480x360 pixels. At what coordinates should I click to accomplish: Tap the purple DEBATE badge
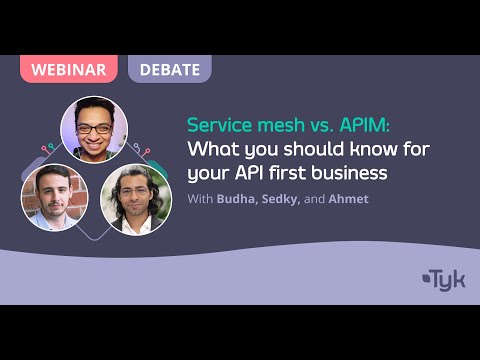click(x=168, y=69)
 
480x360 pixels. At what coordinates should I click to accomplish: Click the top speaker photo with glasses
click(x=94, y=129)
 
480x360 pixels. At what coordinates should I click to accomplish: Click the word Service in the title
click(x=219, y=127)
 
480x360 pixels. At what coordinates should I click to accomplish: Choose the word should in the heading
click(x=311, y=150)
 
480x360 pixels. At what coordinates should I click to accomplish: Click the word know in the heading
click(x=367, y=150)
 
